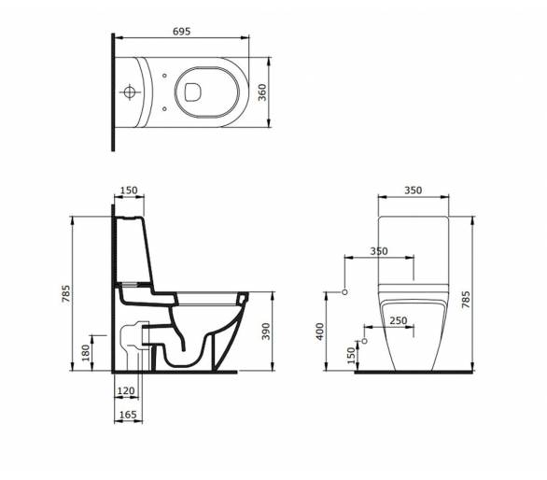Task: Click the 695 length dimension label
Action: click(182, 32)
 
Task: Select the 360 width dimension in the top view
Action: click(262, 92)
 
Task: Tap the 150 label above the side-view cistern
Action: click(129, 191)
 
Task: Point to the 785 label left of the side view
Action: click(66, 293)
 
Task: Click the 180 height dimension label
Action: click(86, 353)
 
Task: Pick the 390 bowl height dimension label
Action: click(266, 332)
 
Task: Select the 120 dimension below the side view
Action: click(126, 390)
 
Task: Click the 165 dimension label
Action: click(128, 415)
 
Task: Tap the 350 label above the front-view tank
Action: click(413, 191)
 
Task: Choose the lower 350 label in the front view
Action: click(379, 251)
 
